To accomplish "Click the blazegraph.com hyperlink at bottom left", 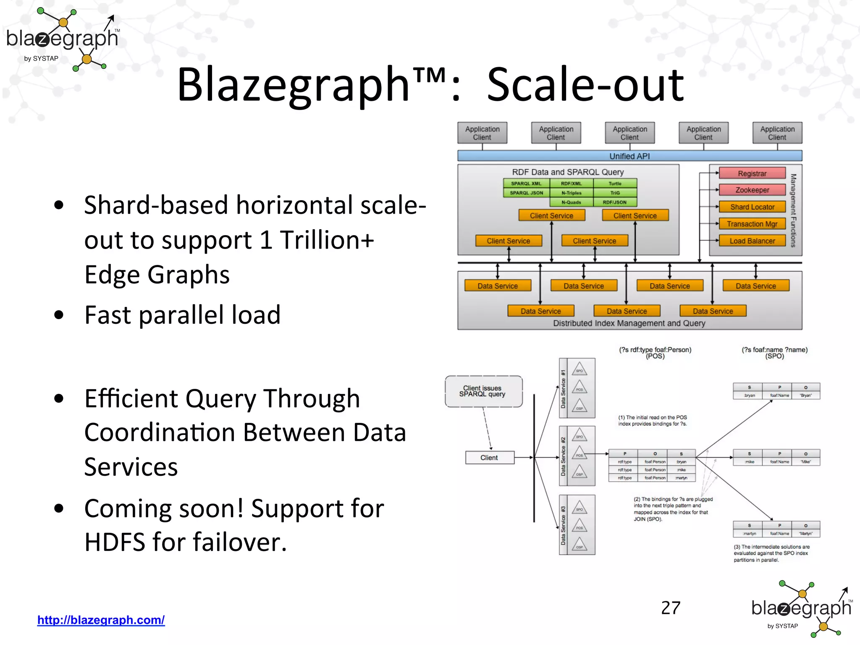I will point(101,620).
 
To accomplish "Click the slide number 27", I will point(671,608).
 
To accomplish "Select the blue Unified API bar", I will point(629,156).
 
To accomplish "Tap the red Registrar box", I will point(752,173).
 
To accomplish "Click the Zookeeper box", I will point(752,190).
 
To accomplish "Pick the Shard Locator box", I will point(752,207).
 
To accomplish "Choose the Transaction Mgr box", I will point(752,224).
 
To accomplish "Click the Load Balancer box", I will point(752,241).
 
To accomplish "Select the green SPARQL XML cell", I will point(526,184).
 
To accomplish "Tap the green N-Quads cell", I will point(571,202).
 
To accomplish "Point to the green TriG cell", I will point(615,193).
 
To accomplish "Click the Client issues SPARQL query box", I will point(483,391).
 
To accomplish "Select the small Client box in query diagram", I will point(489,458).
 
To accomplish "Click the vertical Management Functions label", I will point(793,210).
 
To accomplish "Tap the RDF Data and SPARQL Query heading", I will point(568,172).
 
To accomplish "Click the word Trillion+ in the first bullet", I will point(327,240).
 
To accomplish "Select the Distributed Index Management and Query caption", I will point(629,323).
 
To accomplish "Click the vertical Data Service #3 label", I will point(563,525).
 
